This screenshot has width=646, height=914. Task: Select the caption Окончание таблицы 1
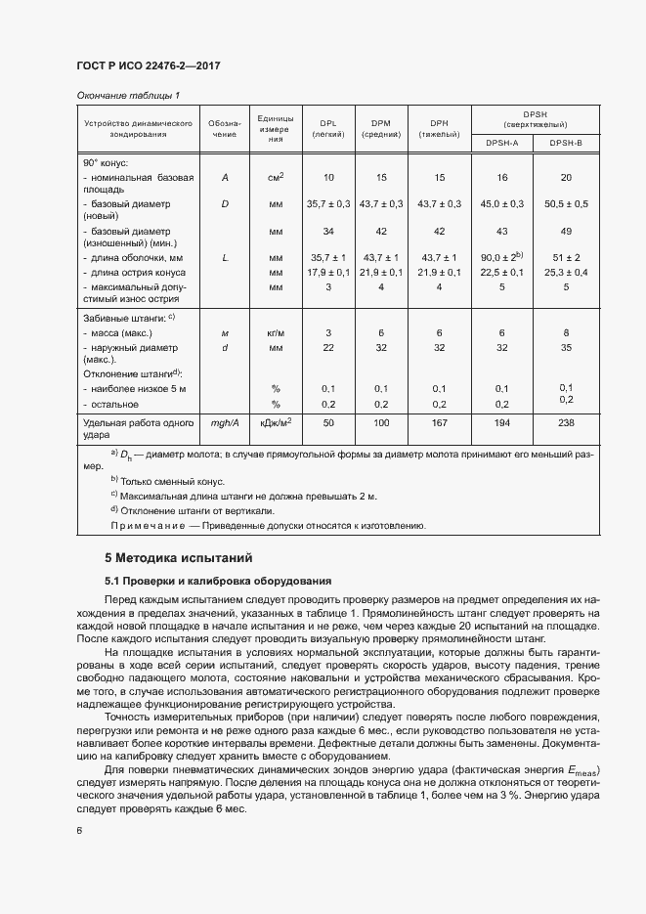[128, 95]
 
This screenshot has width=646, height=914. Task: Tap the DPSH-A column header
[502, 142]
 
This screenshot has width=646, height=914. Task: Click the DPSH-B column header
[565, 142]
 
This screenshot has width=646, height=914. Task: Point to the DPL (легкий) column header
[327, 129]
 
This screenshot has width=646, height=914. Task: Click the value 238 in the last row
[565, 422]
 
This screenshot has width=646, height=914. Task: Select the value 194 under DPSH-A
[502, 422]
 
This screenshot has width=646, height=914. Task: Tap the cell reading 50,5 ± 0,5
[565, 204]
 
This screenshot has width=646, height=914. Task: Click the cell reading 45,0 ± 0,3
[502, 204]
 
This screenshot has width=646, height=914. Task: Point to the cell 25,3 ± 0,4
[565, 272]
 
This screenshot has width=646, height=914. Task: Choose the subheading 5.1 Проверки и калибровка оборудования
[218, 581]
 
